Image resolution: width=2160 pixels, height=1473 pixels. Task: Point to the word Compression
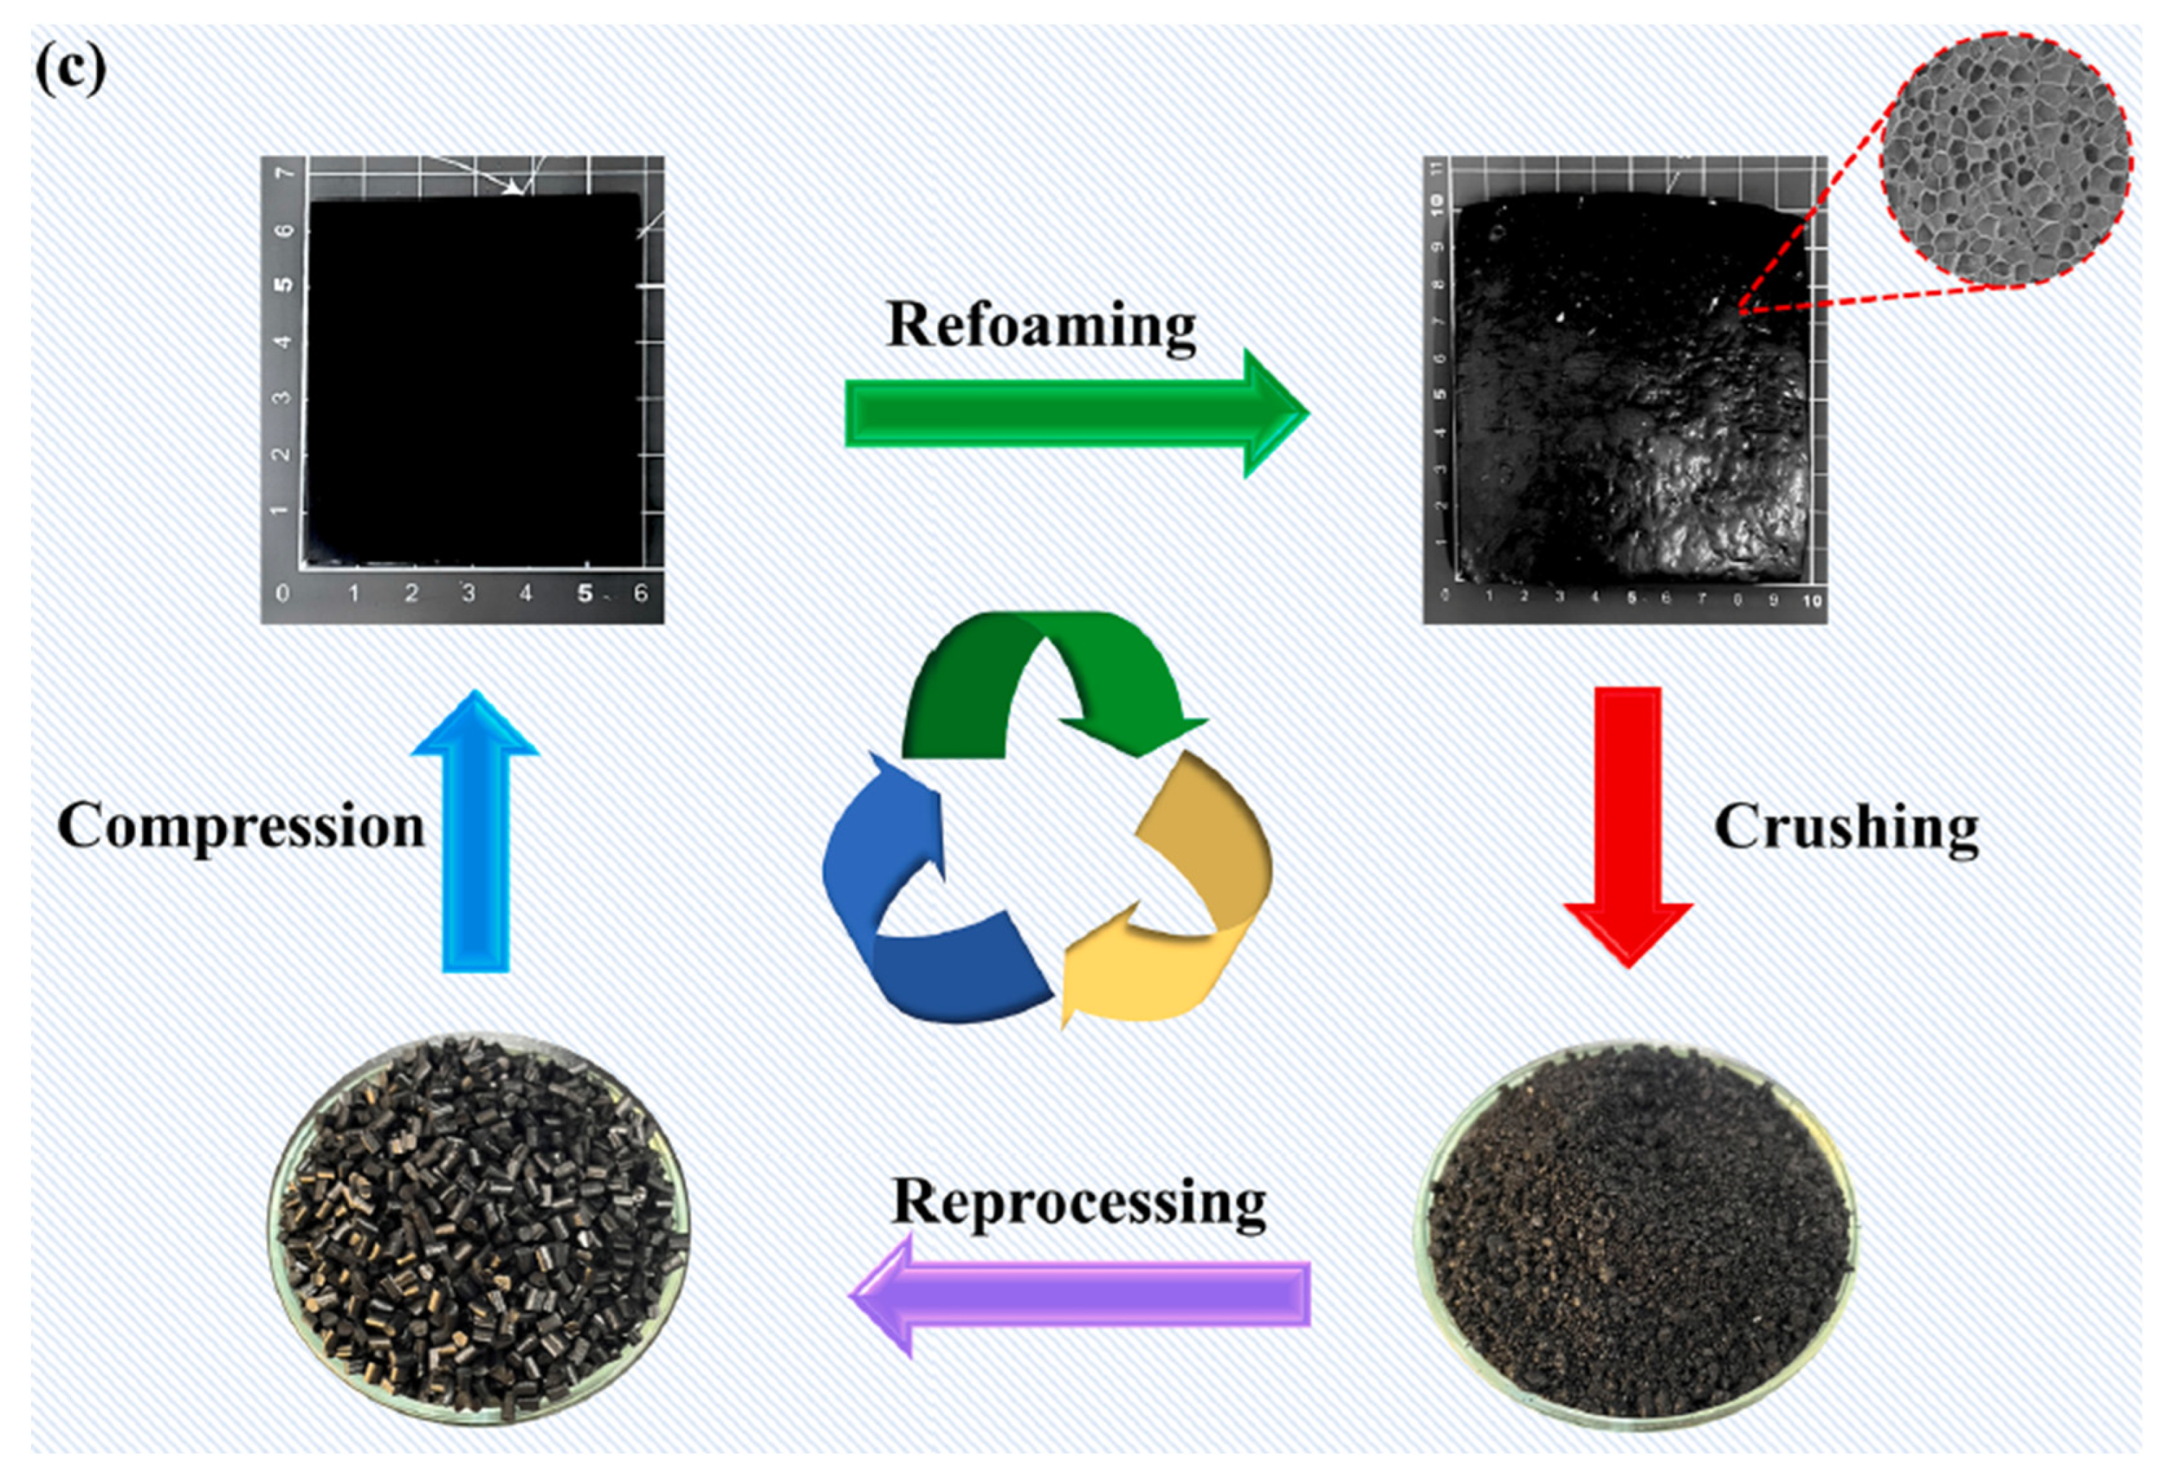pyautogui.click(x=241, y=827)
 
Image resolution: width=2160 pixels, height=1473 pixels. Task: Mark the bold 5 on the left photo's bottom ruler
pyautogui.click(x=585, y=593)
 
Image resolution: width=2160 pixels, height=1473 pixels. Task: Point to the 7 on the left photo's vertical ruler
pyautogui.click(x=285, y=172)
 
